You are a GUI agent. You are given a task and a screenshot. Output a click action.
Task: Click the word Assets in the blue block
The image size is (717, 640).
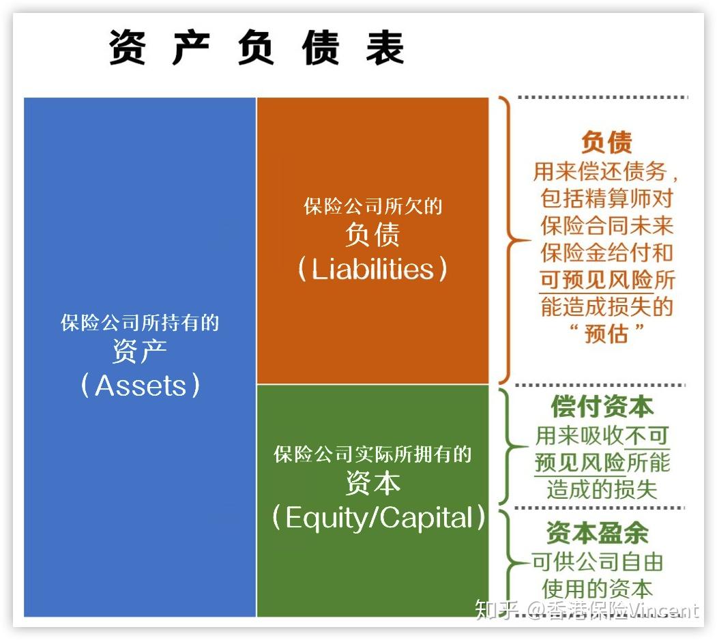pos(141,386)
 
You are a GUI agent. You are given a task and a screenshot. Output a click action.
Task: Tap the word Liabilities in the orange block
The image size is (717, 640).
pos(372,269)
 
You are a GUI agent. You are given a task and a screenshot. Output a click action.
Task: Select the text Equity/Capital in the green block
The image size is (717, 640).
pos(379,518)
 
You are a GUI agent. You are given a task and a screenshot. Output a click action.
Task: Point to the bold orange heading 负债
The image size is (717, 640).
pos(606,142)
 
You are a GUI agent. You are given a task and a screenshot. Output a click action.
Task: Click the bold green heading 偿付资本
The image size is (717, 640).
pos(602,407)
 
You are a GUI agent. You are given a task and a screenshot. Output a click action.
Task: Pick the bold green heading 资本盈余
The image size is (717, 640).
pos(597,533)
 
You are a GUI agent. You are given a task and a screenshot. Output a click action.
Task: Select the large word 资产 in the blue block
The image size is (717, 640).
pos(140,352)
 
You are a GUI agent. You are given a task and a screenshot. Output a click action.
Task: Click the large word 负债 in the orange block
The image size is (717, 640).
pos(372,235)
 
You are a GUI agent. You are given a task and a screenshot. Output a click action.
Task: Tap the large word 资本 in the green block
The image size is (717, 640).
pos(372,484)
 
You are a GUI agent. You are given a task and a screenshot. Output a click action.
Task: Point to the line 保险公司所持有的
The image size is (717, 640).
pos(140,323)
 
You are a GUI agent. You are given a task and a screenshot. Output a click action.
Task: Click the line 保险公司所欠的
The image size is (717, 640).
pos(372,206)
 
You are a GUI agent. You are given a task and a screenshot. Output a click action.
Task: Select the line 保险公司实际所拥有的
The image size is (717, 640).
pos(372,454)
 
